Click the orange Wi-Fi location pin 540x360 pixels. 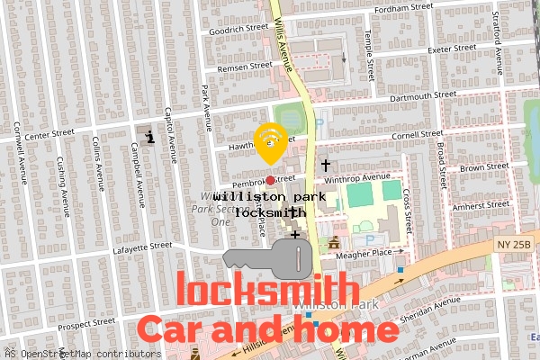[x=270, y=140]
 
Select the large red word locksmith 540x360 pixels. [x=267, y=291]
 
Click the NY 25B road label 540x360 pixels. [x=515, y=245]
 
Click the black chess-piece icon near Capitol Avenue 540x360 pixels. [x=149, y=136]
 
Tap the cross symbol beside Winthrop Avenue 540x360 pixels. [x=326, y=165]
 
